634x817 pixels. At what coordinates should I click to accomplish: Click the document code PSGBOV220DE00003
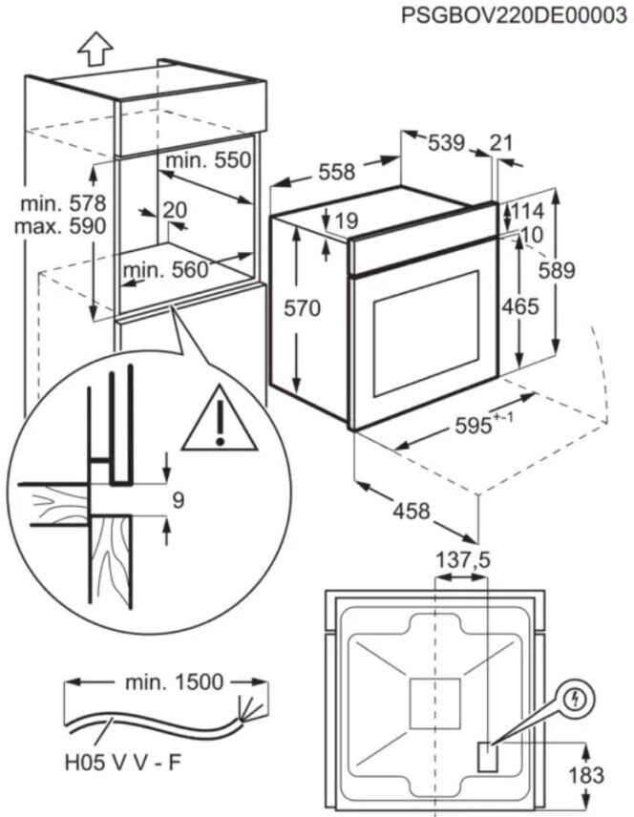(507, 15)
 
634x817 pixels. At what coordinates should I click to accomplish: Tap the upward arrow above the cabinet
(95, 43)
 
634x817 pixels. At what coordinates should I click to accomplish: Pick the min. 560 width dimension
(164, 270)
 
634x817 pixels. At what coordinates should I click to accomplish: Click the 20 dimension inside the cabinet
(174, 211)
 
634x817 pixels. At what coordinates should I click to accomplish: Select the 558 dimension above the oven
(336, 172)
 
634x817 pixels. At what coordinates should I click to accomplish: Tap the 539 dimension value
(445, 143)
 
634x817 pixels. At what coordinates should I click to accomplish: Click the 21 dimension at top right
(501, 143)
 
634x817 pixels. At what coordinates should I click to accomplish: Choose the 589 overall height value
(581, 270)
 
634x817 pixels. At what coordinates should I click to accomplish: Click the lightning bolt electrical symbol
(575, 697)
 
